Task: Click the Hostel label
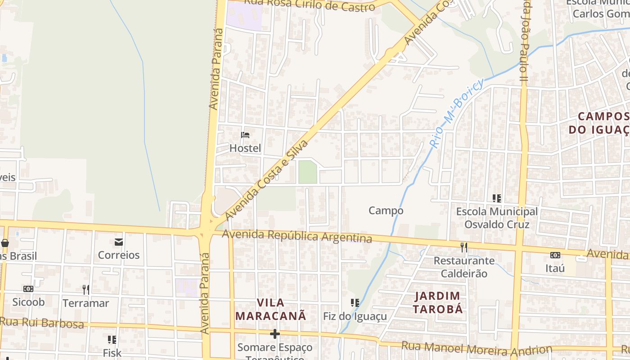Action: pyautogui.click(x=245, y=148)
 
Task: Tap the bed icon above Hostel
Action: pyautogui.click(x=245, y=135)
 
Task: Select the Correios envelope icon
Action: pyautogui.click(x=119, y=242)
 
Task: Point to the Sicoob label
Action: pyautogui.click(x=28, y=302)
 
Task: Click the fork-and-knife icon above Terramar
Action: pyautogui.click(x=85, y=289)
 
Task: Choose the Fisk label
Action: pyautogui.click(x=112, y=353)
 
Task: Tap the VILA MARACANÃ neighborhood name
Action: pyautogui.click(x=270, y=309)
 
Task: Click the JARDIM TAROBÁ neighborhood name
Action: pyautogui.click(x=438, y=302)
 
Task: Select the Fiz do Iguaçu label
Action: pyautogui.click(x=355, y=316)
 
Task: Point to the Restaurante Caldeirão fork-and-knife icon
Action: pyautogui.click(x=464, y=247)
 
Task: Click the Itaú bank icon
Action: pyautogui.click(x=555, y=255)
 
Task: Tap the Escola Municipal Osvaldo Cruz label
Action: pyautogui.click(x=497, y=218)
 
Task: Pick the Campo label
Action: pyautogui.click(x=386, y=211)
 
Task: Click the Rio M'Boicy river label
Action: pyautogui.click(x=457, y=113)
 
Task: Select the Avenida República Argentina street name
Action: pyautogui.click(x=297, y=236)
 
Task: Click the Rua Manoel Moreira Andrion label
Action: pyautogui.click(x=476, y=349)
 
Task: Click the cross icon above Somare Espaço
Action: pyautogui.click(x=274, y=334)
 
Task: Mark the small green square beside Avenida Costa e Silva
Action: pyautogui.click(x=308, y=172)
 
